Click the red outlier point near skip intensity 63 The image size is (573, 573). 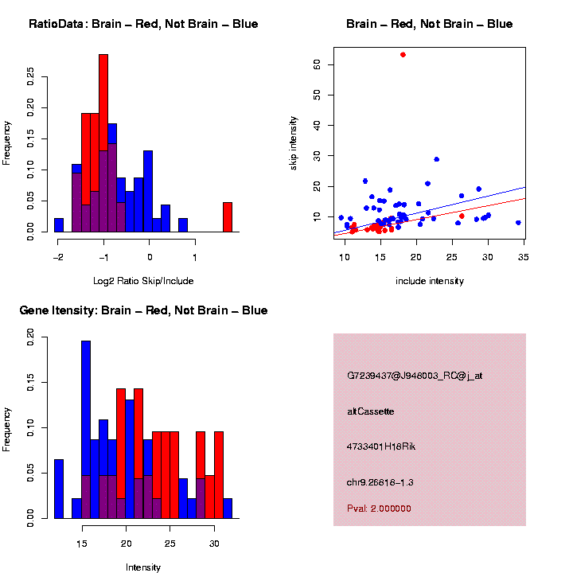403,55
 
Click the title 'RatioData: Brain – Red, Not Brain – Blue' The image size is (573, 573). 143,24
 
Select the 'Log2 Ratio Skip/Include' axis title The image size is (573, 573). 143,281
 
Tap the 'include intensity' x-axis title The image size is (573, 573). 430,281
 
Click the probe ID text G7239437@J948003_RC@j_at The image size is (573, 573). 415,376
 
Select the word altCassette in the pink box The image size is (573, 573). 371,411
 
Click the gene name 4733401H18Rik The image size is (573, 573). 381,446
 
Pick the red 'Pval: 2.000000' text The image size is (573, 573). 379,509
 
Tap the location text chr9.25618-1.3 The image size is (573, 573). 380,482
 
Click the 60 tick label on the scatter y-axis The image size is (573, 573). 317,64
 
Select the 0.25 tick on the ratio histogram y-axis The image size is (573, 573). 31,76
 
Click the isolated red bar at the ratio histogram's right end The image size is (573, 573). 227,217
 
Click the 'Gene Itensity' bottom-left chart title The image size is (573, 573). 143,310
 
